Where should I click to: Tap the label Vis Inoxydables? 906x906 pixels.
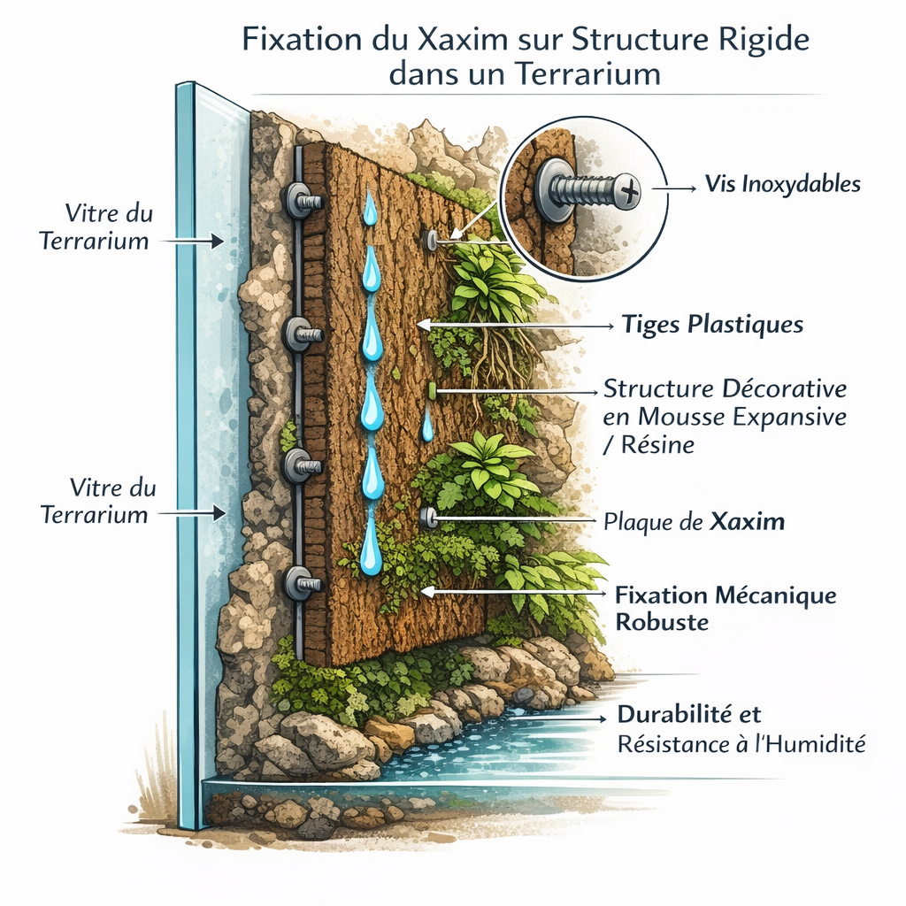click(782, 185)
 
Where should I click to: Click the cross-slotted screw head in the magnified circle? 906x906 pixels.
click(629, 188)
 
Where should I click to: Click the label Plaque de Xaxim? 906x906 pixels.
click(694, 521)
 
